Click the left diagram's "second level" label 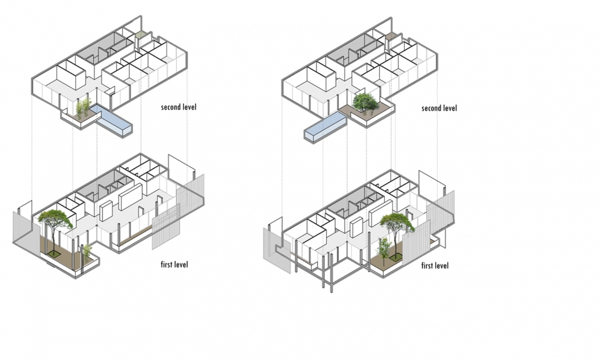178,107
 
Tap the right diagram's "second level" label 439,109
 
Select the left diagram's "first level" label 174,264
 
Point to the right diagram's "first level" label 435,266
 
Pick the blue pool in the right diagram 326,127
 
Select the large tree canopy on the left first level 55,219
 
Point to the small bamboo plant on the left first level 87,253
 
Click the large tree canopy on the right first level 397,223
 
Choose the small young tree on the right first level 384,247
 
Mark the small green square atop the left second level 140,36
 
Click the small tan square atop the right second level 390,36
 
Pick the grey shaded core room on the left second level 103,49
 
